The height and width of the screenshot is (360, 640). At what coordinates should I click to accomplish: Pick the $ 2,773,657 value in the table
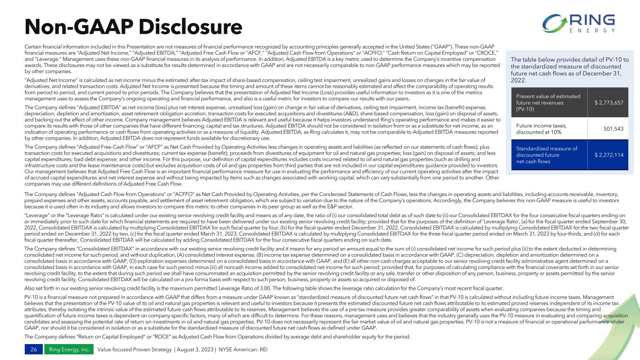[x=608, y=103]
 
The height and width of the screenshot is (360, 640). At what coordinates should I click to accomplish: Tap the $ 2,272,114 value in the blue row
[x=608, y=155]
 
